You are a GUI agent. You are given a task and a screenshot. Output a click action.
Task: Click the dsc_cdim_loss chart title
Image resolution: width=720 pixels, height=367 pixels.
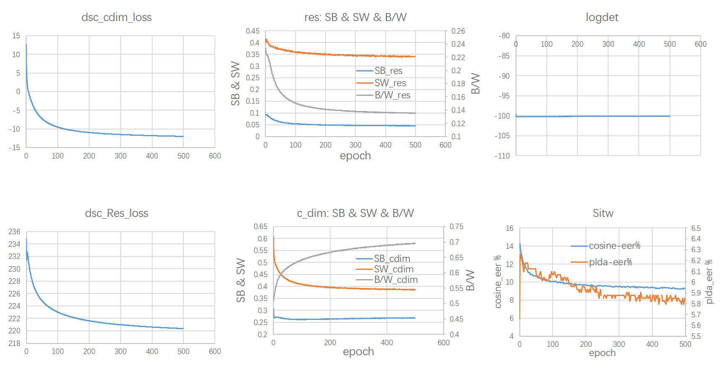point(116,17)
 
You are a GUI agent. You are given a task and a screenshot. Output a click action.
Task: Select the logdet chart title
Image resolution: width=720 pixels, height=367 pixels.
point(602,17)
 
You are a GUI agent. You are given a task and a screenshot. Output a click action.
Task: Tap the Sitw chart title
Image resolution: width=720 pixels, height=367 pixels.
point(603,213)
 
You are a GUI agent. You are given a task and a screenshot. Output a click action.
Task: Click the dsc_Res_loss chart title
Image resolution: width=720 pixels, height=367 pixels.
point(116,213)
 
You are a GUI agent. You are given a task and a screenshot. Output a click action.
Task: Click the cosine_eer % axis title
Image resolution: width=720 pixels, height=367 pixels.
point(498,282)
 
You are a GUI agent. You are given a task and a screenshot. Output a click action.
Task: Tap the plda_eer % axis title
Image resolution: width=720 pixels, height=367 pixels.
point(709,282)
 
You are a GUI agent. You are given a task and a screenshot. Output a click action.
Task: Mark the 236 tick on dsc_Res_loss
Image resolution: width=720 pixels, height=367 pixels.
point(14,232)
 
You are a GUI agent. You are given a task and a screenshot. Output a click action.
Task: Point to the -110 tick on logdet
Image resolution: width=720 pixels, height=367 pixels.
point(503,156)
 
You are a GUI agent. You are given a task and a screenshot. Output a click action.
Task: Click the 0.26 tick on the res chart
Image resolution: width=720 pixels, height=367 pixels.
point(458,31)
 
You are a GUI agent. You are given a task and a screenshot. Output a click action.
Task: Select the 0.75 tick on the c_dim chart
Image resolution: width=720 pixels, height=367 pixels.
point(456,227)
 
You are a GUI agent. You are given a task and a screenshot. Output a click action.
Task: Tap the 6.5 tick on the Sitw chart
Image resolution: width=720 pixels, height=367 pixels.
point(696,228)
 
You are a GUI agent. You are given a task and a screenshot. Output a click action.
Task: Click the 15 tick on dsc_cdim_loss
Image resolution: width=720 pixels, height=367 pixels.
point(16,36)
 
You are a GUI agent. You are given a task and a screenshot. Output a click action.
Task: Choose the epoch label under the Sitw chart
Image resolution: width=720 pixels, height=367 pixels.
point(602,353)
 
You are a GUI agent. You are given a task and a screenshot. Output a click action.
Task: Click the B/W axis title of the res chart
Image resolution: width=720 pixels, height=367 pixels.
point(475,83)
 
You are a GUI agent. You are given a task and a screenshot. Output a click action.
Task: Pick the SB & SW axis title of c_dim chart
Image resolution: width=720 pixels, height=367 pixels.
point(241,280)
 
